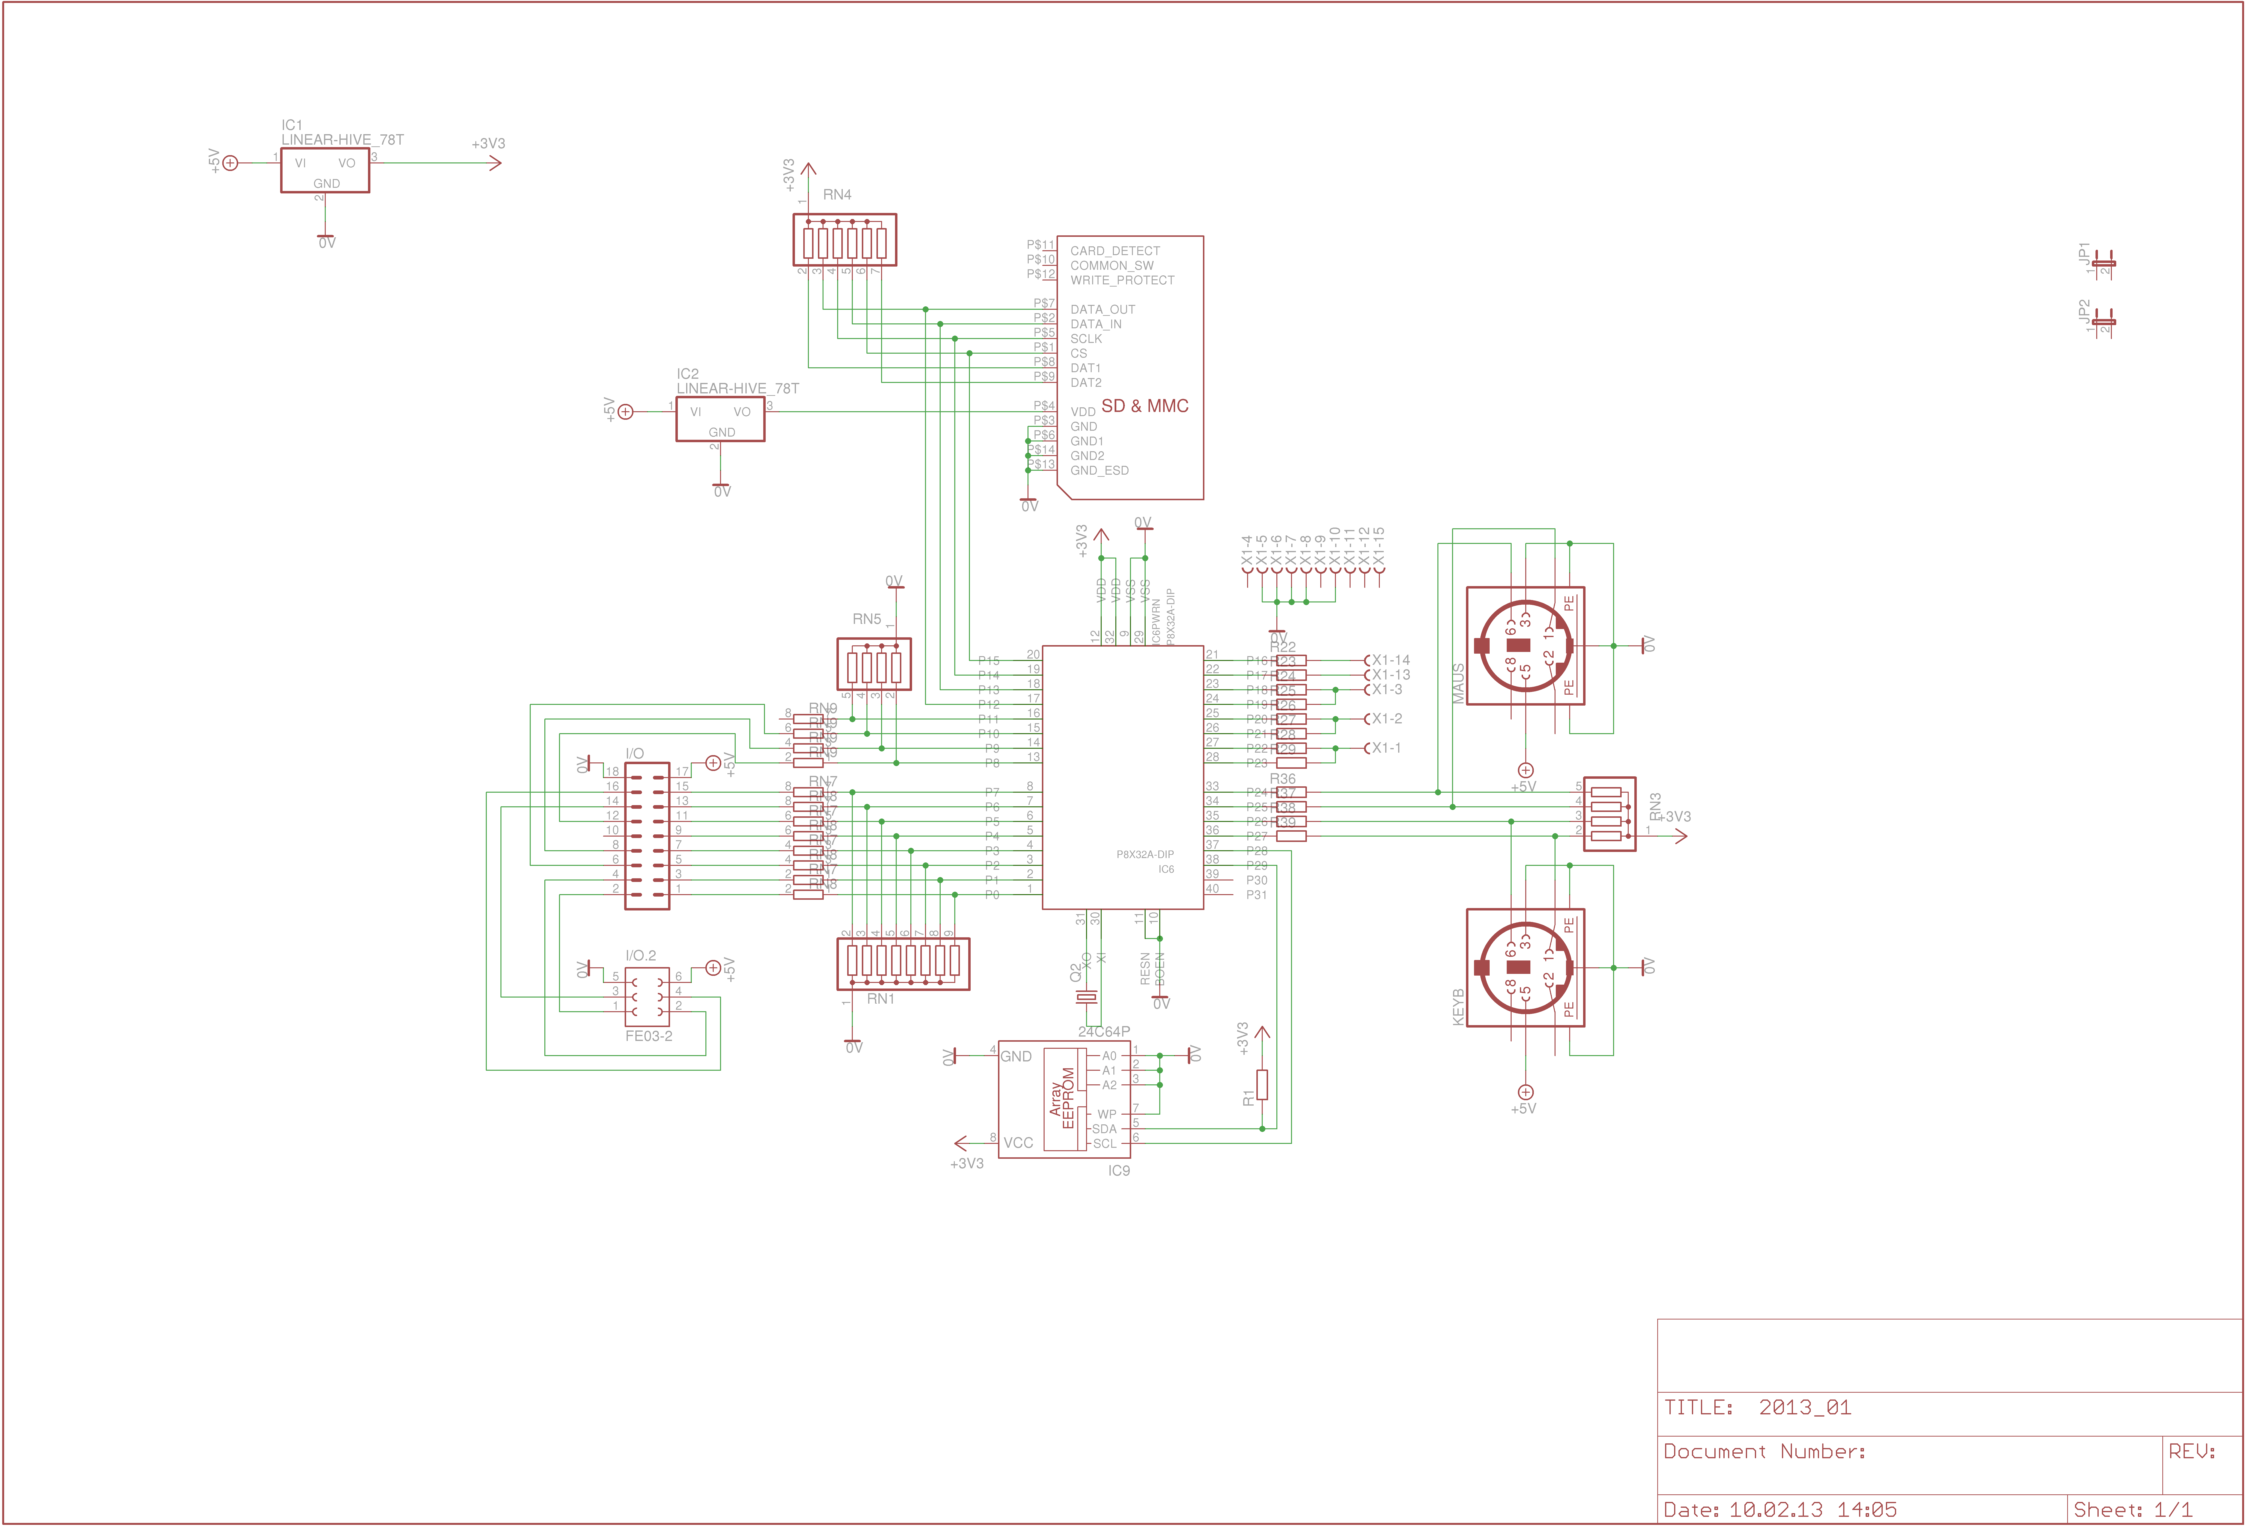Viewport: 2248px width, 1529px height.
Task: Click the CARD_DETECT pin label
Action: [x=1114, y=250]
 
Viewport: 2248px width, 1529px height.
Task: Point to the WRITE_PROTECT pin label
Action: [x=1122, y=280]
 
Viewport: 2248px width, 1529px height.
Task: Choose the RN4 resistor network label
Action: [x=837, y=194]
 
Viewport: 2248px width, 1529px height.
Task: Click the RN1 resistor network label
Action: [x=880, y=999]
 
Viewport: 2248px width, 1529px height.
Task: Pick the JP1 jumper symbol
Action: [x=2104, y=263]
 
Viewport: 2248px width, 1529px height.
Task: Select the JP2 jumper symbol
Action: [x=2104, y=321]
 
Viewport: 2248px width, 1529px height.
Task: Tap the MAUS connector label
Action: [x=1458, y=683]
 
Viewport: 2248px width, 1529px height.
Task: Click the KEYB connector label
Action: [x=1458, y=1007]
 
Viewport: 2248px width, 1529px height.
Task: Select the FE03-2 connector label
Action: [x=648, y=1036]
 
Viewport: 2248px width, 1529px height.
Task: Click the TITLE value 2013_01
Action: [x=1805, y=1407]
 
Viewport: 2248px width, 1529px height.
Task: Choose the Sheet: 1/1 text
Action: [x=2133, y=1510]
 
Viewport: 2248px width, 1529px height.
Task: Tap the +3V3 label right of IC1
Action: [x=488, y=143]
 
